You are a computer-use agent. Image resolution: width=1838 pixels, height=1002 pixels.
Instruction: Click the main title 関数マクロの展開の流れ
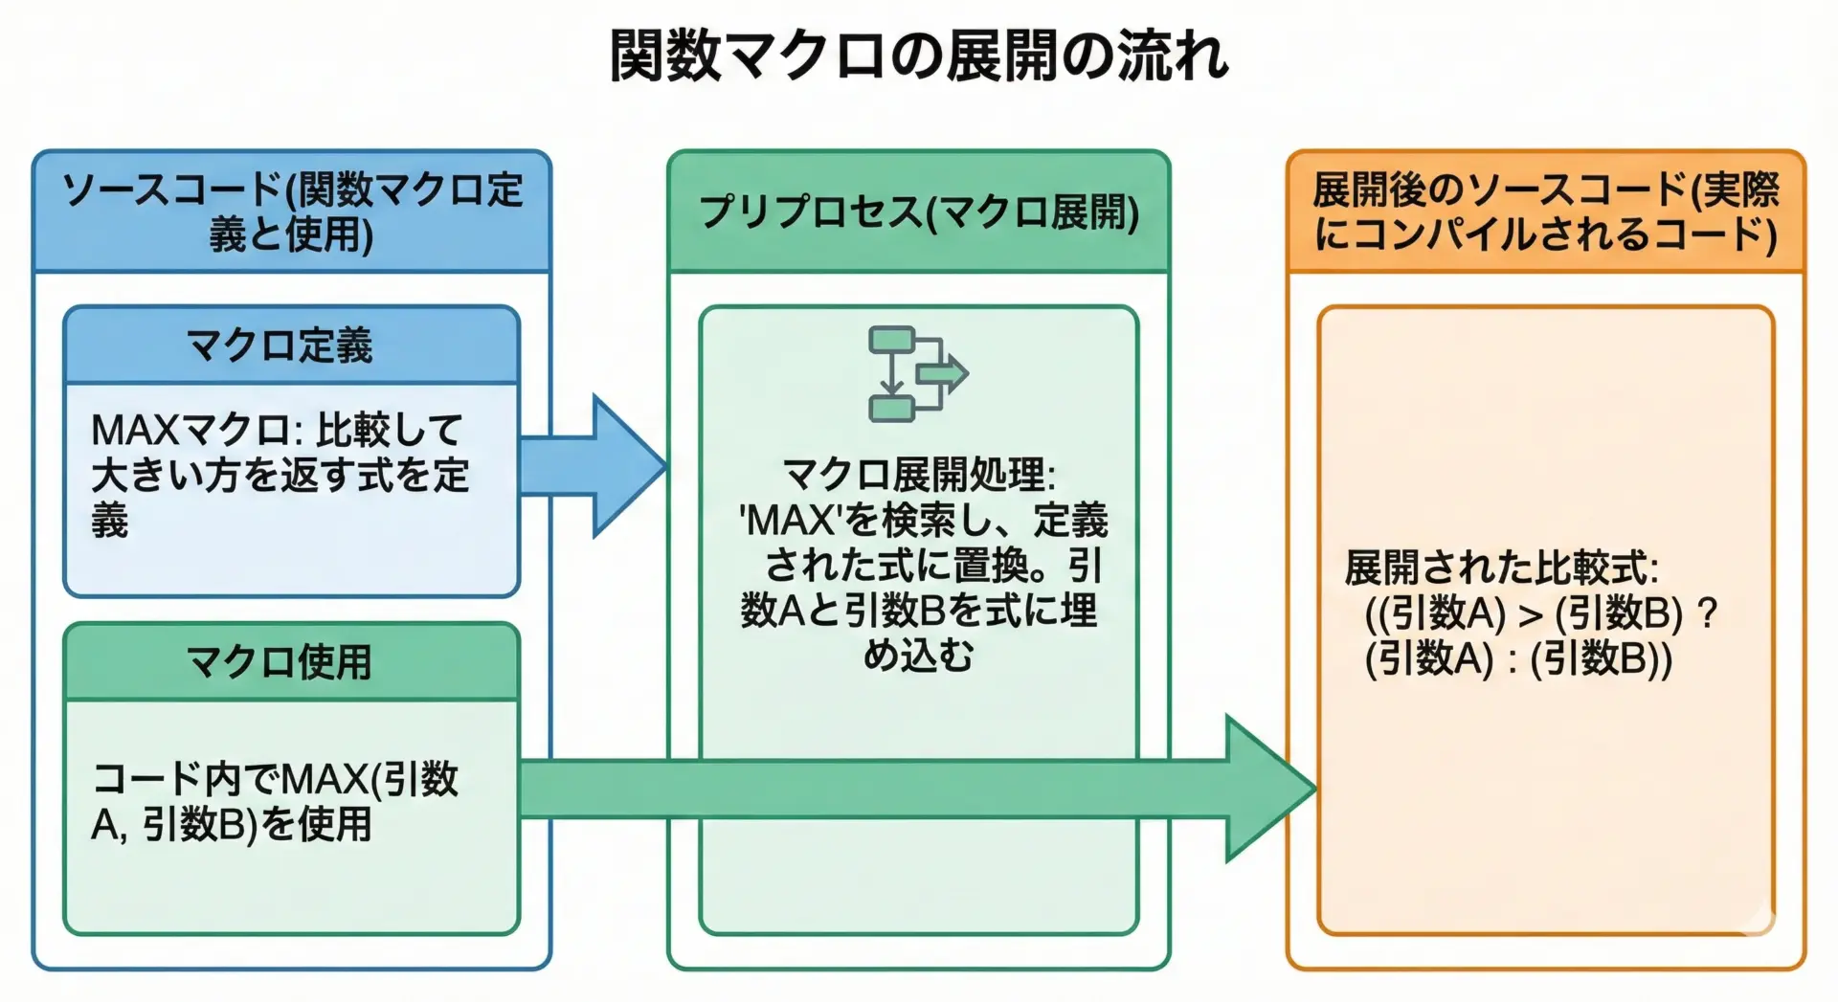point(919,56)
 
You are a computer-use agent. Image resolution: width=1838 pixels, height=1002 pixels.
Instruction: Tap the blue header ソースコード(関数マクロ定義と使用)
point(292,212)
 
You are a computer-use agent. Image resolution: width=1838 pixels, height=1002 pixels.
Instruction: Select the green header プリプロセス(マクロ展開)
point(919,212)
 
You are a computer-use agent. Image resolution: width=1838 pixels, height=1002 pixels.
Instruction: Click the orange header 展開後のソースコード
point(1545,212)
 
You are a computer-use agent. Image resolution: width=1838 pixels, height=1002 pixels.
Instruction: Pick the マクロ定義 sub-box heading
point(280,345)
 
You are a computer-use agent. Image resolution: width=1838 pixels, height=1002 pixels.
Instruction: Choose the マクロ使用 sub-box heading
point(280,662)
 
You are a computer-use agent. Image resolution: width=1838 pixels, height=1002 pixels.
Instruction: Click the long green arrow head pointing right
point(1268,788)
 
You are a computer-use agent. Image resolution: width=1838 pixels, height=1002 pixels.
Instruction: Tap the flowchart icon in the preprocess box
point(916,374)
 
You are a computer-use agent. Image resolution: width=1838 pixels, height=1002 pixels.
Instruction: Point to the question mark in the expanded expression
point(1706,612)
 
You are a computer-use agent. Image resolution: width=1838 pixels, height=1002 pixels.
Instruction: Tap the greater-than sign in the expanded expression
point(1530,614)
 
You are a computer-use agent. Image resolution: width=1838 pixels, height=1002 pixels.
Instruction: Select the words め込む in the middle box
point(918,656)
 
